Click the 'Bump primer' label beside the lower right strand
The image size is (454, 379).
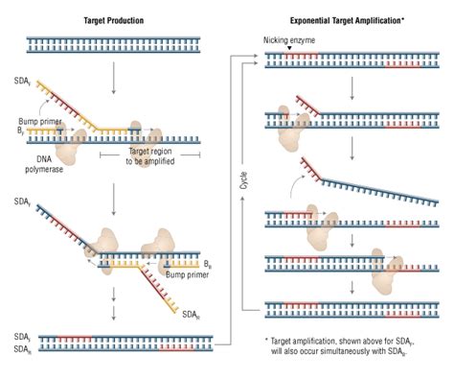point(185,269)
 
